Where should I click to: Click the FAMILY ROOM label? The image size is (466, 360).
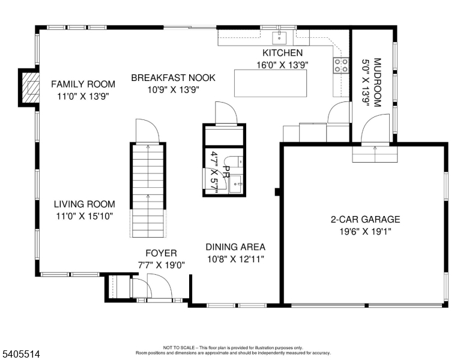point(83,84)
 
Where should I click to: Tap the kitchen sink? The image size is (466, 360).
point(279,37)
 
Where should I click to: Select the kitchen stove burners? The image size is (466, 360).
point(341,65)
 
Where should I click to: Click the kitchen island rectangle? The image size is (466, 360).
point(270,83)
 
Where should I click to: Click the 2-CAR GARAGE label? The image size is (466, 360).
point(365,219)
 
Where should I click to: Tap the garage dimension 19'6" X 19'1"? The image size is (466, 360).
point(365,232)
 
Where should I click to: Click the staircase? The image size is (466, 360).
point(148,190)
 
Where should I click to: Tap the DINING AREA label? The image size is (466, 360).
point(235,247)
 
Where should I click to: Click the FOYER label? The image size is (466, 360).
point(161,253)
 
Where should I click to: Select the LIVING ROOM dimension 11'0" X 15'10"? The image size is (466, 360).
point(85,216)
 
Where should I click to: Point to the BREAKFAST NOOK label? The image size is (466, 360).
point(174,77)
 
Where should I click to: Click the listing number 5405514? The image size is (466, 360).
point(21,354)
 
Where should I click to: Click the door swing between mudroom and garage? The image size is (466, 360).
point(375,128)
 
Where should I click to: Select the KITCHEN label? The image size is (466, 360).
point(282,53)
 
